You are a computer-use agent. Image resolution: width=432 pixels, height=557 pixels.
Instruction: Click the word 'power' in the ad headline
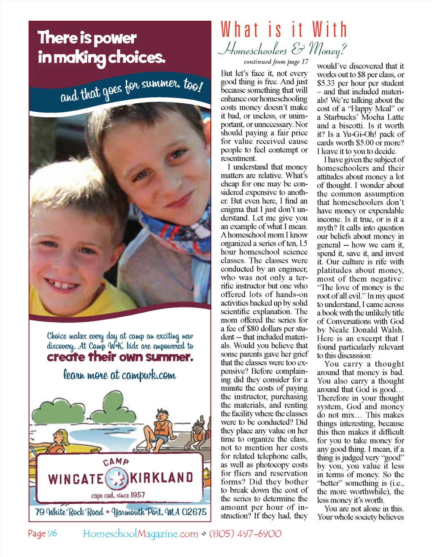point(114,39)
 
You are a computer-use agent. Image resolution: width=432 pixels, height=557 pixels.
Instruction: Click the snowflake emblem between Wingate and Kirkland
point(116,478)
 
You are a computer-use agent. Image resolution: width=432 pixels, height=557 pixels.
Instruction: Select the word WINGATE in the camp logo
point(76,479)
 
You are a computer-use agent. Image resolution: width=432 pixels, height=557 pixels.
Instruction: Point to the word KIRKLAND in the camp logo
point(162,478)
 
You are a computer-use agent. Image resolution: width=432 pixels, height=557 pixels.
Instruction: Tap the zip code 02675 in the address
point(194,512)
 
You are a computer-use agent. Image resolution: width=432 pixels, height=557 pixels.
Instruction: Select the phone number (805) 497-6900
point(245,534)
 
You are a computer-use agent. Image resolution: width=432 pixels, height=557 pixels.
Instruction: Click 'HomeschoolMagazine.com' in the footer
point(140,534)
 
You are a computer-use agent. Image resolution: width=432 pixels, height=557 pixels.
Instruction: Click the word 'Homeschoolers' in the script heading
point(253,50)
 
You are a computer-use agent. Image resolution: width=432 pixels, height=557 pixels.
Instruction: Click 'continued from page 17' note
point(276,62)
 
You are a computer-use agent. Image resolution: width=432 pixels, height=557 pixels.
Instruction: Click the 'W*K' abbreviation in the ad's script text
point(116,346)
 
